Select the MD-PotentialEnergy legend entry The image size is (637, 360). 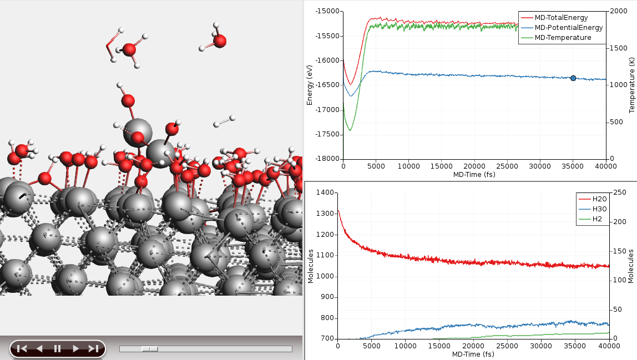click(x=568, y=28)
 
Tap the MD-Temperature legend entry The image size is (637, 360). click(x=563, y=38)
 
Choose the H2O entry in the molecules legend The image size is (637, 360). click(x=600, y=199)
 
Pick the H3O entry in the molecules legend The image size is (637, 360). click(x=600, y=209)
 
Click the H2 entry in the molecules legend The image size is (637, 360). click(x=598, y=219)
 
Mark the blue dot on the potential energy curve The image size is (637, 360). click(x=573, y=78)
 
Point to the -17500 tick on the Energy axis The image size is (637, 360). click(x=328, y=134)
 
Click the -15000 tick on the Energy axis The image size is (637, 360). click(x=328, y=11)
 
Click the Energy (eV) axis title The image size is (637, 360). click(x=310, y=84)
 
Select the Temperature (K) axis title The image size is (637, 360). click(x=631, y=84)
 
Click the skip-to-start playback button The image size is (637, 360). click(x=22, y=348)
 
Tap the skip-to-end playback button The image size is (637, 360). click(x=93, y=348)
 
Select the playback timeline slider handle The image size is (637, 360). click(x=150, y=349)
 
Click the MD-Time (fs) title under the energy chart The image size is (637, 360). click(x=473, y=175)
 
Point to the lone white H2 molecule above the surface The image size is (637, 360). click(x=224, y=121)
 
